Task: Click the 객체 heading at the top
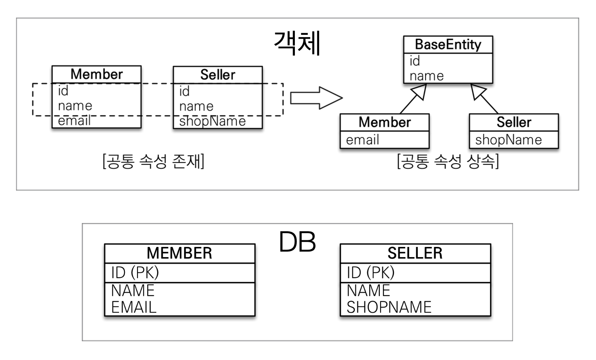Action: pyautogui.click(x=298, y=43)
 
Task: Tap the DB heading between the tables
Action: pyautogui.click(x=297, y=242)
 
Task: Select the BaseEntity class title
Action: pyautogui.click(x=448, y=45)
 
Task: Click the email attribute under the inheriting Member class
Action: pyautogui.click(x=362, y=140)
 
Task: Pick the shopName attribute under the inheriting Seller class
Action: pyautogui.click(x=508, y=140)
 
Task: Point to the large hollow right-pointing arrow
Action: pyautogui.click(x=316, y=98)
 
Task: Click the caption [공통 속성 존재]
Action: pyautogui.click(x=153, y=161)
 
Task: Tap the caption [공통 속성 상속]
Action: pyautogui.click(x=448, y=161)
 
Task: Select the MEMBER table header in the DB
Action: pyautogui.click(x=179, y=253)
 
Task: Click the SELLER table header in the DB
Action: pyautogui.click(x=415, y=253)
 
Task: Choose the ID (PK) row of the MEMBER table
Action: pyautogui.click(x=135, y=272)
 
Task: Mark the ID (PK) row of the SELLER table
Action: pyautogui.click(x=370, y=272)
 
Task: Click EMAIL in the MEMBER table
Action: pyautogui.click(x=134, y=307)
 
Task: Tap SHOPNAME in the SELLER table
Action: pyautogui.click(x=389, y=307)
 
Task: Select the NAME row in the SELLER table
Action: pyautogui.click(x=368, y=290)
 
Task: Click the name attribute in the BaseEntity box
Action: pyautogui.click(x=426, y=76)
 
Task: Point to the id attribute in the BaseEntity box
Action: pyautogui.click(x=415, y=61)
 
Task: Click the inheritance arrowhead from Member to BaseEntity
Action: pyautogui.click(x=419, y=92)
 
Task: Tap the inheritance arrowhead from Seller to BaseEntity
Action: pyautogui.click(x=478, y=92)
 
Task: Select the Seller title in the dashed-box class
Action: pyautogui.click(x=218, y=75)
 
